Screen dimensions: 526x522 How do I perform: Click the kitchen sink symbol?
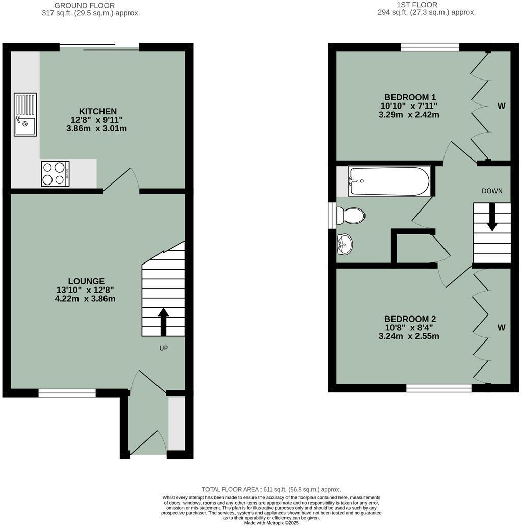point(25,115)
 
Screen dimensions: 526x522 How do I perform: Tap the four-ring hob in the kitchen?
point(55,173)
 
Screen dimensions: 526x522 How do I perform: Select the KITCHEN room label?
point(97,111)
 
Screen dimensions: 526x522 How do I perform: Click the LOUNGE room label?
point(86,281)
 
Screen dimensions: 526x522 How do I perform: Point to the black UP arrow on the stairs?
point(163,322)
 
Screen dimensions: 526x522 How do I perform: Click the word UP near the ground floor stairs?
point(163,348)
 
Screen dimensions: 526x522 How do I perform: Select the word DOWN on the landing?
point(492,191)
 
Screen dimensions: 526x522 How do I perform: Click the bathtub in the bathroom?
point(389,181)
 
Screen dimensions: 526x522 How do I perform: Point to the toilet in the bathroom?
point(351,216)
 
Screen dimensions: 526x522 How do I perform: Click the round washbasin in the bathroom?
point(345,244)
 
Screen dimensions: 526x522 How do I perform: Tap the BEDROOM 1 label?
point(410,97)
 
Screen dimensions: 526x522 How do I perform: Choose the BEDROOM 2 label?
point(410,319)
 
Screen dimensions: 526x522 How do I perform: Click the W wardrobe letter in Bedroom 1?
point(501,106)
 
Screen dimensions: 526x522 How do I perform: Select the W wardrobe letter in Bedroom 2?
point(501,328)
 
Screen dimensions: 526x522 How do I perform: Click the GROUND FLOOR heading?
point(84,5)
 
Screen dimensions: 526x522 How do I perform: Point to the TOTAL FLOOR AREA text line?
point(271,489)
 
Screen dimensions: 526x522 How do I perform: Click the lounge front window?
point(67,392)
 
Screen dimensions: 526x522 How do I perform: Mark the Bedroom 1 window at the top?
point(430,47)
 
